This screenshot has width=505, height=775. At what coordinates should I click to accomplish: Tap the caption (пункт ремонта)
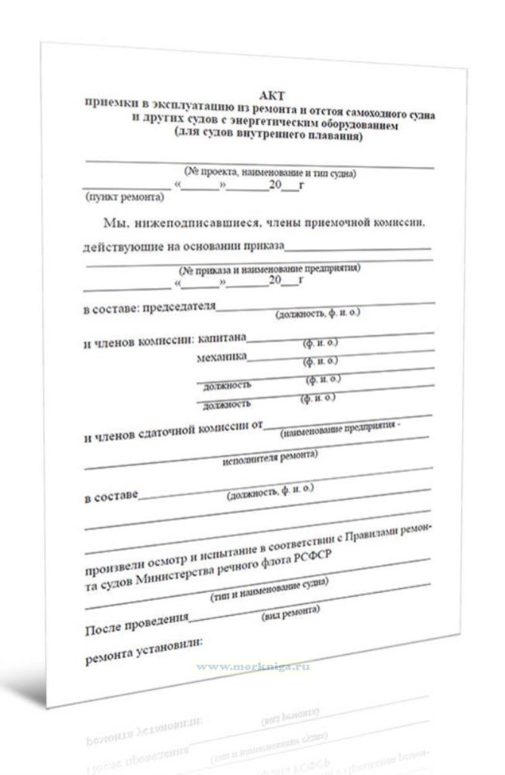point(125,198)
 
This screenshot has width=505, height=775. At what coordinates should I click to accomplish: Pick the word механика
point(221,357)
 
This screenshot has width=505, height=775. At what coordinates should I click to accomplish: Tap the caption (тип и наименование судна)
point(270,590)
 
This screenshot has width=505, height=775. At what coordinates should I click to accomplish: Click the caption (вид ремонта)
point(291,610)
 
